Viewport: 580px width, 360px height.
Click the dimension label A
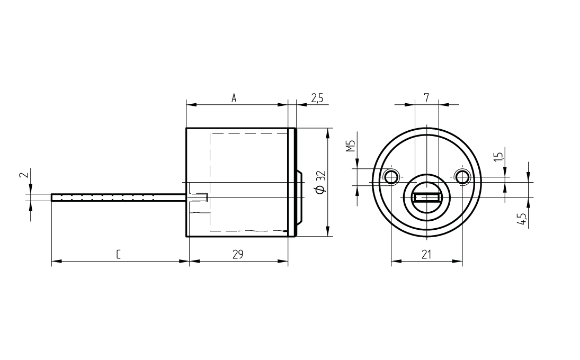234,98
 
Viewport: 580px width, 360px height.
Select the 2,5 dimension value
317,98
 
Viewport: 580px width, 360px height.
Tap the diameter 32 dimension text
320,182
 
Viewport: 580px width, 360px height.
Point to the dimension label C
118,254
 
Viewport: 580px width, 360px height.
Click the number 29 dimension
238,254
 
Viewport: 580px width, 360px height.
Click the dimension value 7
426,98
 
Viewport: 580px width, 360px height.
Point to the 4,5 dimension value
523,219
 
